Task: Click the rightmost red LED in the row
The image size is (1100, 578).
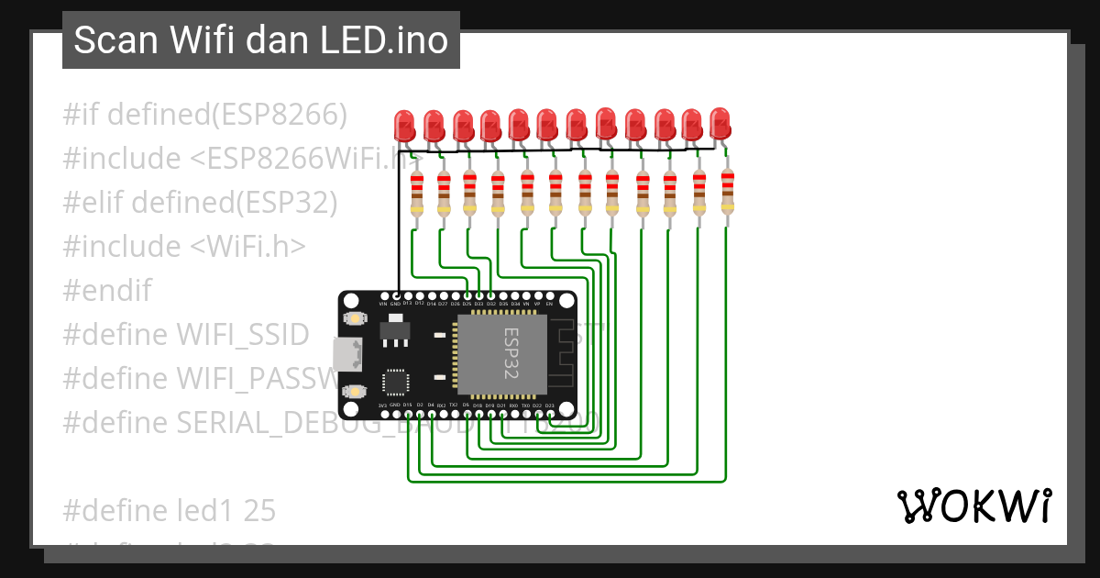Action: [x=720, y=123]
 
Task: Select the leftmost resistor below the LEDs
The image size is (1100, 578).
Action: [x=417, y=194]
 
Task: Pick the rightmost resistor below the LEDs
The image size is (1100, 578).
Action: [x=727, y=192]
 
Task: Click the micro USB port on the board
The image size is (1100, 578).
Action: [x=346, y=353]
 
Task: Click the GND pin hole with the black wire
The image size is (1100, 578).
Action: [x=396, y=296]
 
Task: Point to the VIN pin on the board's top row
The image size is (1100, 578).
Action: [x=383, y=296]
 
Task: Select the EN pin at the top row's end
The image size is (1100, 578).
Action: [x=550, y=296]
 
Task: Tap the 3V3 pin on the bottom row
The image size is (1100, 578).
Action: [x=383, y=412]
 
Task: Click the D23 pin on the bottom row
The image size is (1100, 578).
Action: [x=550, y=412]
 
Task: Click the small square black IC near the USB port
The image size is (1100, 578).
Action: [x=395, y=383]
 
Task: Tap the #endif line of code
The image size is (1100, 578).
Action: [x=107, y=291]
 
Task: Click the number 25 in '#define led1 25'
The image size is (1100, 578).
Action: [x=259, y=510]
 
